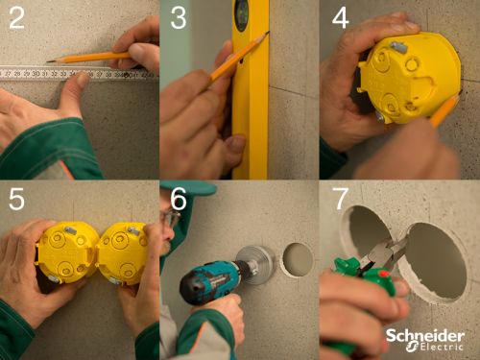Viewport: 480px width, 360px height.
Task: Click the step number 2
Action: [x=16, y=18]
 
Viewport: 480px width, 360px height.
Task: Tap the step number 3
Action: [x=179, y=18]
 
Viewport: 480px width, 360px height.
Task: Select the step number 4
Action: [x=341, y=18]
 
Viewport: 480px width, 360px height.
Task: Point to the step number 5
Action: [x=16, y=199]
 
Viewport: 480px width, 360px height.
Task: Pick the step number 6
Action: [x=179, y=199]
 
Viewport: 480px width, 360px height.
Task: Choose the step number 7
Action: [x=340, y=199]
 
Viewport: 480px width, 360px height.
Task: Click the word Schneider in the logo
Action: [x=425, y=336]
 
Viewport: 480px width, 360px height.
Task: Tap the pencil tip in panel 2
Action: [x=48, y=61]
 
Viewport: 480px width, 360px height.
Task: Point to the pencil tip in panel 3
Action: [x=268, y=33]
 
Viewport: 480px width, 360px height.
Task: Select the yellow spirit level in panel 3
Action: [x=251, y=89]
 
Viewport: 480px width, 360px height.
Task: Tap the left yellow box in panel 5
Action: [x=66, y=252]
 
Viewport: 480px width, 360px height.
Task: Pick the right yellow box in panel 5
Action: [x=123, y=253]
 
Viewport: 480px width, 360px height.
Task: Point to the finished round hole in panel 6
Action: [x=298, y=259]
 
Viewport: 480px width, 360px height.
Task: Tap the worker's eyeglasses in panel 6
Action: [x=171, y=218]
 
